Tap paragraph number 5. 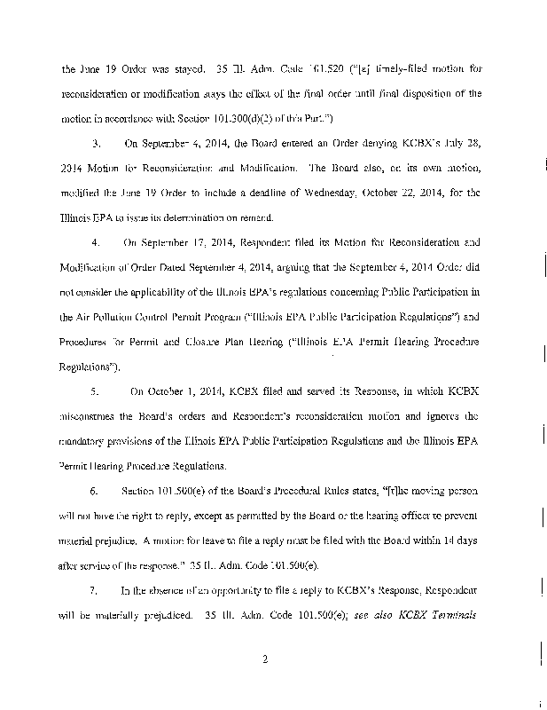pos(95,390)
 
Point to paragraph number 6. pos(95,490)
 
